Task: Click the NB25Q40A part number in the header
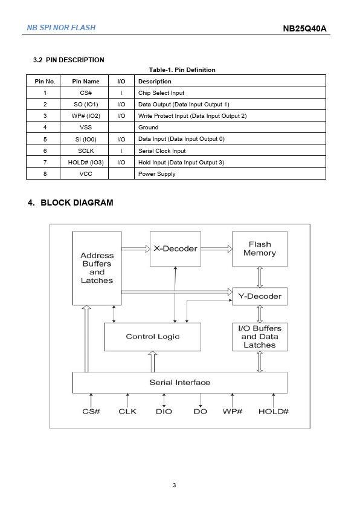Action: pyautogui.click(x=304, y=28)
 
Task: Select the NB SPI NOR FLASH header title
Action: pyautogui.click(x=61, y=28)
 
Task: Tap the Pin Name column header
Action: pyautogui.click(x=86, y=81)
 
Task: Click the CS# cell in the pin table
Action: pyautogui.click(x=86, y=93)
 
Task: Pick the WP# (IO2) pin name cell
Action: pyautogui.click(x=86, y=116)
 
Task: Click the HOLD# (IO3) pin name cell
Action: pyautogui.click(x=86, y=162)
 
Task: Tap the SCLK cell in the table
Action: pyautogui.click(x=86, y=151)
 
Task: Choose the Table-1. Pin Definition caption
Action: pyautogui.click(x=182, y=70)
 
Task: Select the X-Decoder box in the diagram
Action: pyautogui.click(x=175, y=248)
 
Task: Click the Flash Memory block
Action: pyautogui.click(x=260, y=248)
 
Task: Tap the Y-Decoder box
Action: pyautogui.click(x=260, y=296)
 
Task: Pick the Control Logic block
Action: pyautogui.click(x=152, y=337)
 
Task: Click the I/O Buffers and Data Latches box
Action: pyautogui.click(x=260, y=337)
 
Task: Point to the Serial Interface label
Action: pyautogui.click(x=179, y=383)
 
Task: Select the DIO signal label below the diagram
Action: pyautogui.click(x=164, y=412)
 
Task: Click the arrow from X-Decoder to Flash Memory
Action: pyautogui.click(x=217, y=249)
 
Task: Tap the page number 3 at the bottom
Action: pyautogui.click(x=174, y=485)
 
